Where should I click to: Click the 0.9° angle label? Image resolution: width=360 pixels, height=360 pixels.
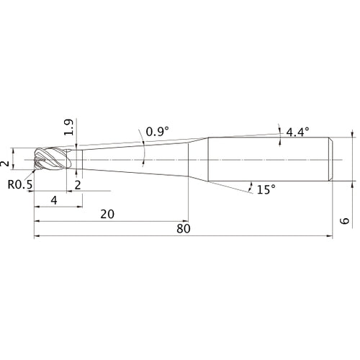[x=157, y=132]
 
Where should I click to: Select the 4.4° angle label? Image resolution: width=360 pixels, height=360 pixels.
[x=297, y=132]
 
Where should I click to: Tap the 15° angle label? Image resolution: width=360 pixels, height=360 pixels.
[x=266, y=190]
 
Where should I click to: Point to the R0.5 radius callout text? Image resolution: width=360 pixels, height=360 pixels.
[x=20, y=184]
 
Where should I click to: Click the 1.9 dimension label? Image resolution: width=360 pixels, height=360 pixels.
[x=69, y=127]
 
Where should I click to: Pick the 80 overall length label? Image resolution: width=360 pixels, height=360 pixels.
[x=184, y=229]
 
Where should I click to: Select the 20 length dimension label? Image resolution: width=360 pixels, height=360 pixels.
[x=107, y=214]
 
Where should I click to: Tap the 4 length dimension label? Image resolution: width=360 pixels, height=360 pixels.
[x=54, y=200]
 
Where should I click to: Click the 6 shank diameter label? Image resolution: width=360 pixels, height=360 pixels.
[x=345, y=221]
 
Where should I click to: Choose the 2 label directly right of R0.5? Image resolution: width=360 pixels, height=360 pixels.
[x=78, y=185]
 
